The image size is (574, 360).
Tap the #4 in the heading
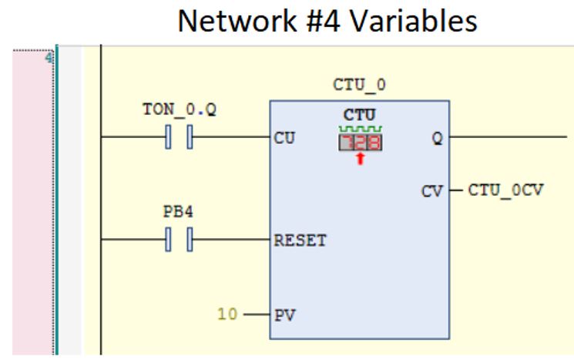pos(312,21)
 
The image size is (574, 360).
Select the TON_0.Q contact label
pos(180,110)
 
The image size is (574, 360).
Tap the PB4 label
pos(177,210)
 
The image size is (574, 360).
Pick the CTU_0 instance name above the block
pos(359,84)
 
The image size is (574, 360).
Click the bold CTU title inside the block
pos(360,114)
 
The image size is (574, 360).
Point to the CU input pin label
pos(284,140)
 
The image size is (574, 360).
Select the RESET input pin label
pos(300,241)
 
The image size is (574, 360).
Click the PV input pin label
pos(284,315)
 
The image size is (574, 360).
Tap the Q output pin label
pos(438,140)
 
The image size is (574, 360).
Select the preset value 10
pos(227,315)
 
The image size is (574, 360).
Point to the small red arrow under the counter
pos(360,159)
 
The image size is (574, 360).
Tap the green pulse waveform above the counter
pos(361,128)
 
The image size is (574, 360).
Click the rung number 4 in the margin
pos(49,58)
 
